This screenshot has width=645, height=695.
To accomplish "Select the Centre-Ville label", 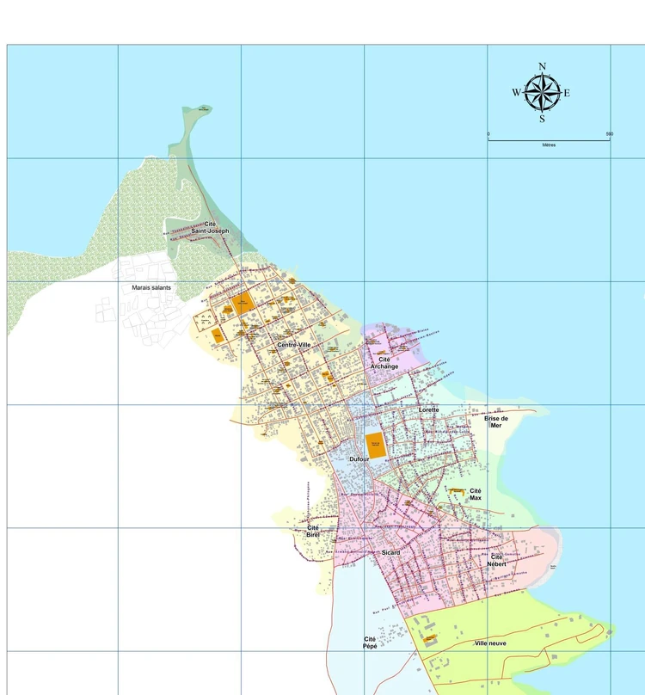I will tap(293, 345).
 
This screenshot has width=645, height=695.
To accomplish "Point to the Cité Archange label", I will tap(384, 363).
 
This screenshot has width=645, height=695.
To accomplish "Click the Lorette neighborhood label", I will tap(429, 410).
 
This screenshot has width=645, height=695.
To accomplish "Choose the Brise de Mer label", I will tap(495, 421).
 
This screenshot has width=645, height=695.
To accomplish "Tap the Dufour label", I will tap(359, 460).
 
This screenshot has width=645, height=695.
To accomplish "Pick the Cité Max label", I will tap(476, 495).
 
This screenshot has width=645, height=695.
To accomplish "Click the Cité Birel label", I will tap(313, 532).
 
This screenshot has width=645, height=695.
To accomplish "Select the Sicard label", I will tap(391, 552).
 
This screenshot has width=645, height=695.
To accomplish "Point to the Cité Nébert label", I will tap(496, 560).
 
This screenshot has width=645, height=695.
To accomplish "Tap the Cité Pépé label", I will tap(370, 643).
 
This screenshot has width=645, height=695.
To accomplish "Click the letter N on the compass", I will tap(542, 66).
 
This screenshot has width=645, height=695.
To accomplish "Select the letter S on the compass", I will tap(542, 120).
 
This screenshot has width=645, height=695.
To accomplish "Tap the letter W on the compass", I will tap(516, 93).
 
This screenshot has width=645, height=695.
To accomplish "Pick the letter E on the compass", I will tap(568, 93).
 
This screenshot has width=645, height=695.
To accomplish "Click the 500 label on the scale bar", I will tap(609, 134).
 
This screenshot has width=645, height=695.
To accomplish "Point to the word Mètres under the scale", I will tap(549, 145).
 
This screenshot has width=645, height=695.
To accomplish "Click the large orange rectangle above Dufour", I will tap(375, 445).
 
